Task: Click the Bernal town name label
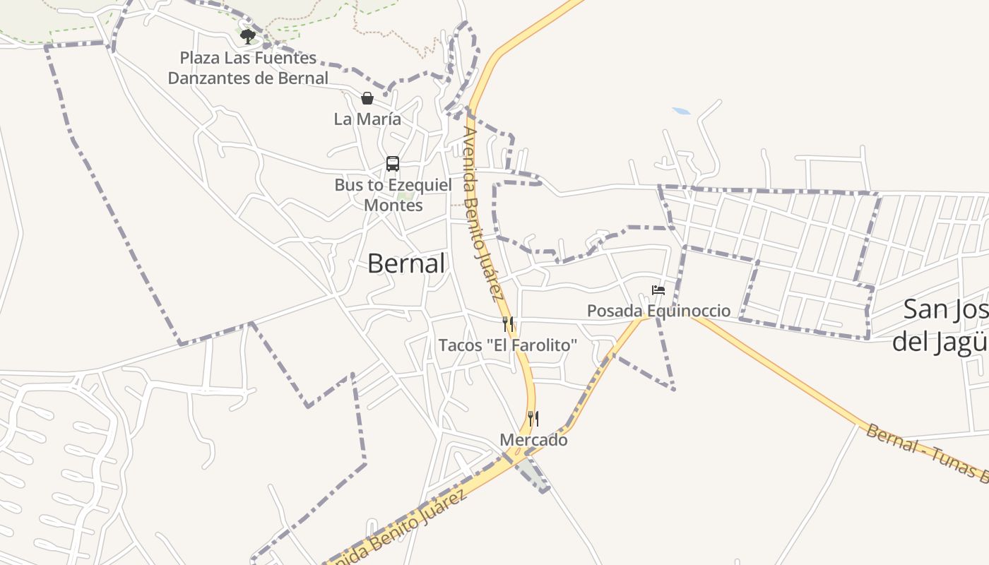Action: [406, 263]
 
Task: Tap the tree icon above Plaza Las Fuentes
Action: [247, 36]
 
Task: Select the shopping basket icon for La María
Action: [367, 98]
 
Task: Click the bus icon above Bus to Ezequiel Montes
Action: [393, 164]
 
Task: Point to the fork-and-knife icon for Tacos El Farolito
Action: [508, 324]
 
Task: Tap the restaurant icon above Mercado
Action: [533, 419]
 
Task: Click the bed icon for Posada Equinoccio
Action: [658, 290]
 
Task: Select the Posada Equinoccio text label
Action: [658, 311]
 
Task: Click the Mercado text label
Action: [533, 440]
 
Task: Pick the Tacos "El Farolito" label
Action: [508, 345]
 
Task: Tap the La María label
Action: [367, 119]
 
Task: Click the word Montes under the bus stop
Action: [393, 206]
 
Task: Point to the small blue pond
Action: [682, 111]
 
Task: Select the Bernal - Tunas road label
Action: [925, 453]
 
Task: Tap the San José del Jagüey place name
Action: [943, 325]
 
